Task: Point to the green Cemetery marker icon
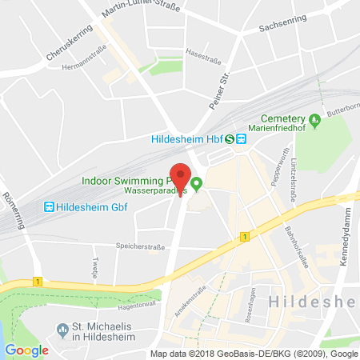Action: (x=315, y=122)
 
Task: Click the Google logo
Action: (x=26, y=350)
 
